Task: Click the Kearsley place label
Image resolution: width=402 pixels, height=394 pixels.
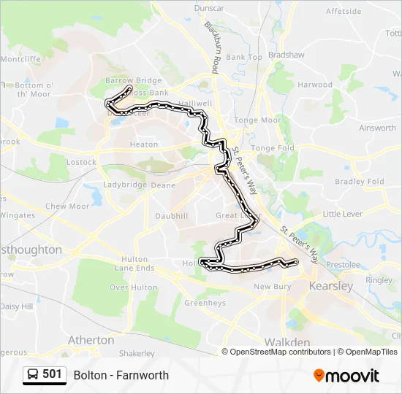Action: (x=331, y=285)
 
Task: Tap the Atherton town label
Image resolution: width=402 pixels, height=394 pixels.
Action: (x=91, y=340)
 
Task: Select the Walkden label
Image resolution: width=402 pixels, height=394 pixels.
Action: (x=287, y=341)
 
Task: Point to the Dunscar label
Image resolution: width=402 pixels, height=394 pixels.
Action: (x=210, y=8)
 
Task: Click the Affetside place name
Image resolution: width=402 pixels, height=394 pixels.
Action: (x=344, y=12)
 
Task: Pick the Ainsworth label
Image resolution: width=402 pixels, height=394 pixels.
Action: (x=377, y=128)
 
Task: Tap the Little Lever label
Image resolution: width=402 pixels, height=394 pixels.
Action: (x=342, y=214)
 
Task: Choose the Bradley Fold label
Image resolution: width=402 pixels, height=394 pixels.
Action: (x=359, y=182)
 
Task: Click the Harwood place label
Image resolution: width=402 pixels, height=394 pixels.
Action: (x=315, y=85)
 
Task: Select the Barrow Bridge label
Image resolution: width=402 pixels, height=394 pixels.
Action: (x=133, y=80)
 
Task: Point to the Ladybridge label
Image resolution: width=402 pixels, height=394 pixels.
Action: (x=125, y=185)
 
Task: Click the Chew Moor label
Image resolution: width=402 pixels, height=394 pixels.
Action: (x=67, y=206)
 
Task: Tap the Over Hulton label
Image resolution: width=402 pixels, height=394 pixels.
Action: (x=133, y=287)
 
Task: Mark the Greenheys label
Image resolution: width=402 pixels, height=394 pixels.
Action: (x=205, y=303)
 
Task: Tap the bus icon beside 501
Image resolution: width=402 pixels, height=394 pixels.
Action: (x=33, y=375)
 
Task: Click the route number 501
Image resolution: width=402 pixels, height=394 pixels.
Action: (x=52, y=374)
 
